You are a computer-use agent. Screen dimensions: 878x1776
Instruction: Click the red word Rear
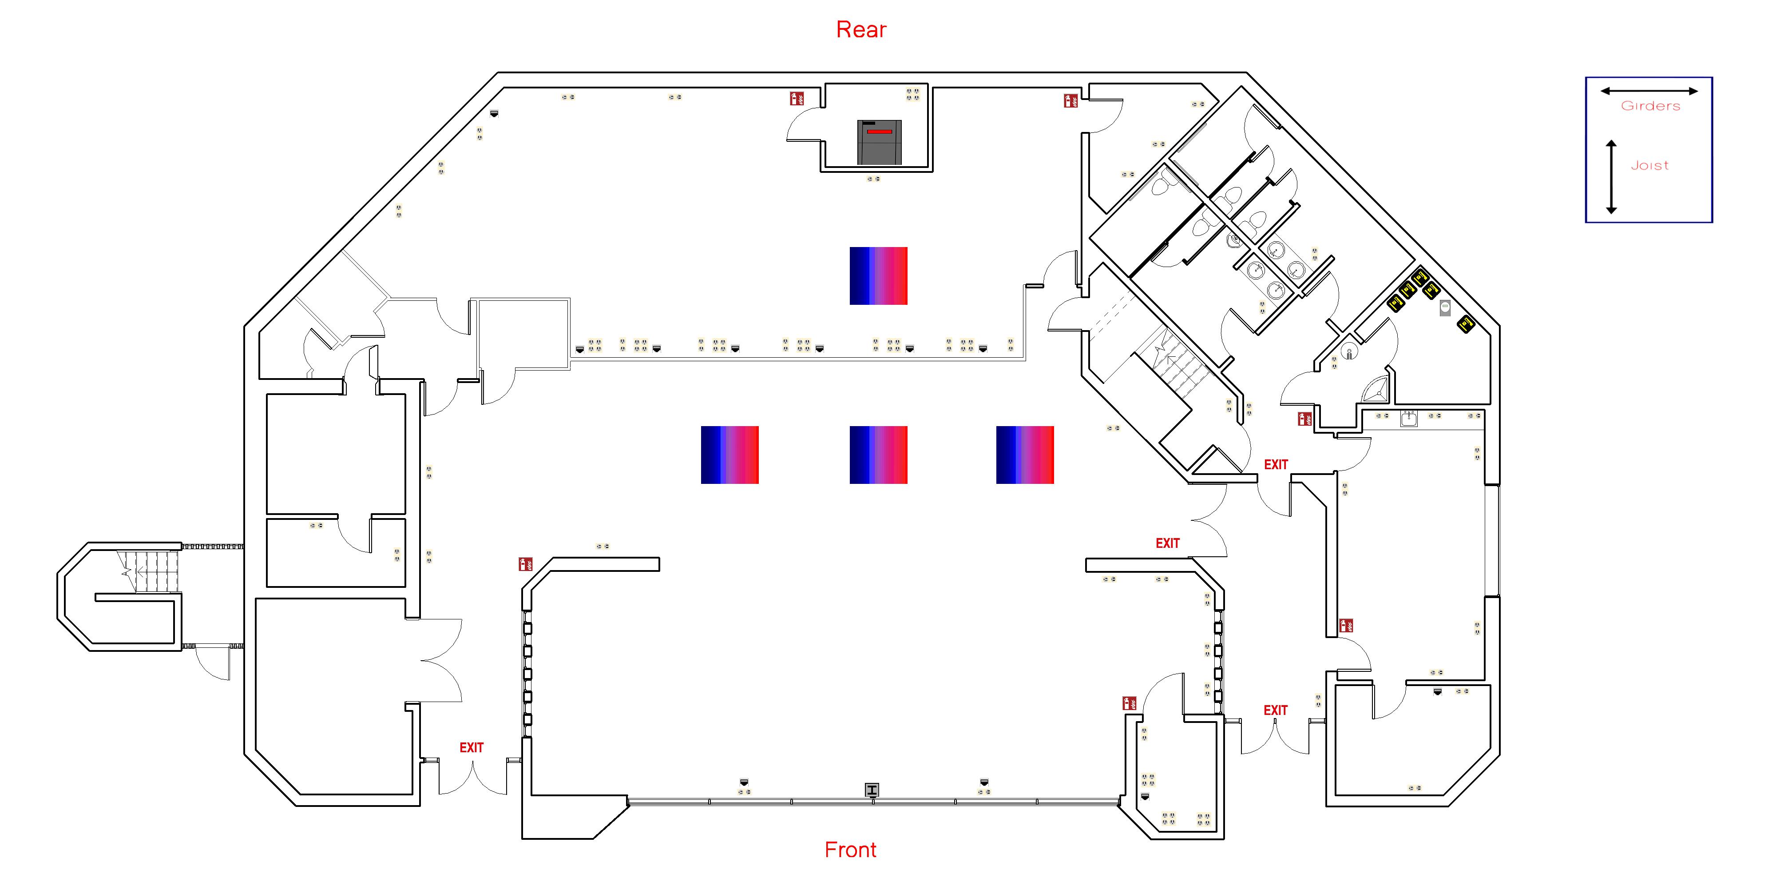click(861, 30)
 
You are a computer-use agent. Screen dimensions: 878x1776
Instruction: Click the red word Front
click(850, 850)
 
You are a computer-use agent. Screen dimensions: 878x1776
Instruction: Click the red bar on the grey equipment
click(879, 131)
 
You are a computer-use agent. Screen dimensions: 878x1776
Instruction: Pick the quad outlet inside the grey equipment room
click(912, 94)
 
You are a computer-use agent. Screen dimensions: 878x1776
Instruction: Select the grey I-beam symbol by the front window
click(872, 790)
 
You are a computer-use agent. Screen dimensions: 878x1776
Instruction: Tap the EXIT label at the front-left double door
click(472, 748)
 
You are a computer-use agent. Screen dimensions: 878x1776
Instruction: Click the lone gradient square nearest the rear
click(878, 276)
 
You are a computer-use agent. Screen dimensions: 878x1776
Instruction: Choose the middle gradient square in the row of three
click(878, 455)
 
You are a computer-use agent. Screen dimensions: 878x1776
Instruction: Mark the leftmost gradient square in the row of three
click(729, 455)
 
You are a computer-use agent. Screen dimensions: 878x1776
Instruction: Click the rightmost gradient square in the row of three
click(1024, 455)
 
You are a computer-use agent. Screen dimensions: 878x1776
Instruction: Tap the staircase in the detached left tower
click(148, 571)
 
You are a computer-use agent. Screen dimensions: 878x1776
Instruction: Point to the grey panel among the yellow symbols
click(1445, 308)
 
